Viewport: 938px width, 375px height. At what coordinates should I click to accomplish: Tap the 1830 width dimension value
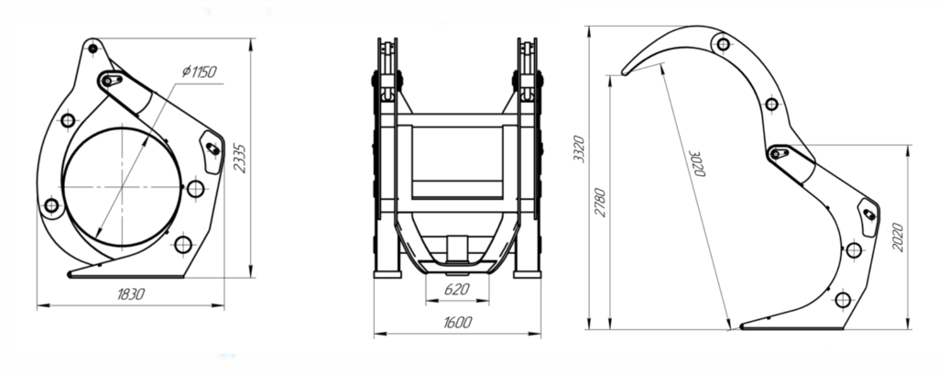(133, 294)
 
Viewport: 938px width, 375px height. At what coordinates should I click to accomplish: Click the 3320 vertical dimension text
(577, 147)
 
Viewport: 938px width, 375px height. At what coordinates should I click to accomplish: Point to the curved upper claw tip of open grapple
(625, 71)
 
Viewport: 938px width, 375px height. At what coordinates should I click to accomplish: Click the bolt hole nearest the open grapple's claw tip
(723, 43)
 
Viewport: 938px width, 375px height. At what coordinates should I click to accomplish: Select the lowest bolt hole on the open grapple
(843, 299)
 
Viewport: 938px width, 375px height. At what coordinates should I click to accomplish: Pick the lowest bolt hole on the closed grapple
(182, 244)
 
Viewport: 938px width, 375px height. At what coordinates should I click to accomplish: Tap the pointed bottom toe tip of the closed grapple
(71, 273)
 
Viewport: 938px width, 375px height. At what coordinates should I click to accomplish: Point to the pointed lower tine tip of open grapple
(743, 325)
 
